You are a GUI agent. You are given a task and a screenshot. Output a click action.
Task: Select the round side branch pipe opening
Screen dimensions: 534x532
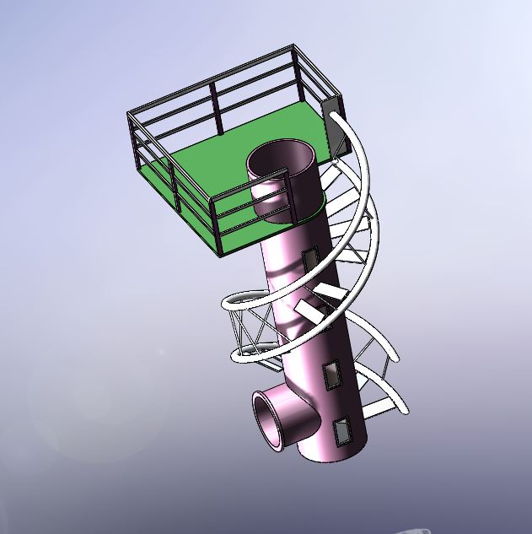tap(272, 418)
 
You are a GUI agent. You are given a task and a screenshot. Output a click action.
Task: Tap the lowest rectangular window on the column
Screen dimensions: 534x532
tap(343, 432)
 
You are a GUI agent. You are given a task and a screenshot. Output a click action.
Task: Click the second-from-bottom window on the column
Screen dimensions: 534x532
tap(333, 374)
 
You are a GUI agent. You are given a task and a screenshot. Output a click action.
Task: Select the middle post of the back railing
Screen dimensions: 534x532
tap(216, 108)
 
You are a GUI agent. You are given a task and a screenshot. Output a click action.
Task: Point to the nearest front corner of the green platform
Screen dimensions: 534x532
tap(218, 252)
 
